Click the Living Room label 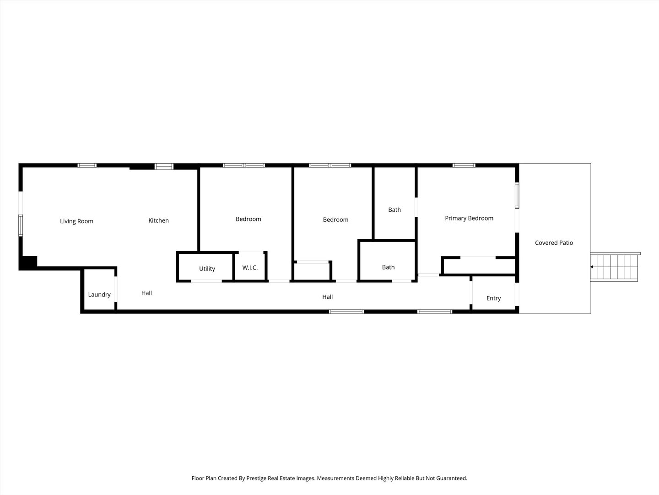click(76, 221)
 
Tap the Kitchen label click(158, 221)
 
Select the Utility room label click(207, 269)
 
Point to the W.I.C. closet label click(250, 268)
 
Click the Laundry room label click(99, 295)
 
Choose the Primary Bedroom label click(469, 219)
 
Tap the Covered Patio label click(554, 243)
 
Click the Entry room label click(493, 298)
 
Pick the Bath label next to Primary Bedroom click(394, 210)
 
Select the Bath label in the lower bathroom click(388, 267)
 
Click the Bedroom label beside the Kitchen click(248, 219)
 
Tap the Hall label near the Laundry click(146, 293)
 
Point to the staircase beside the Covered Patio click(615, 267)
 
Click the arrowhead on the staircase click(592, 267)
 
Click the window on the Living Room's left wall click(21, 225)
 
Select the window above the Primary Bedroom click(464, 165)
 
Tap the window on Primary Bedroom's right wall click(517, 196)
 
